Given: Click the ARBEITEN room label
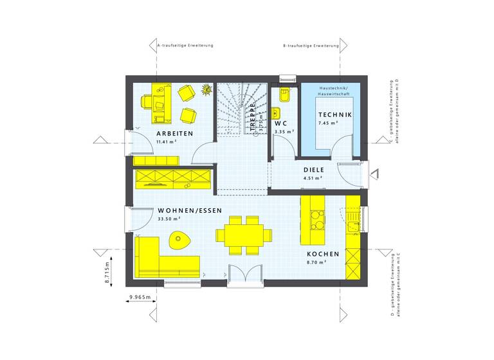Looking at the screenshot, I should click(175, 133).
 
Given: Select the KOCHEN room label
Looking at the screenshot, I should click(323, 254).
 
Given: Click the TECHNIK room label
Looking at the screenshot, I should click(334, 114).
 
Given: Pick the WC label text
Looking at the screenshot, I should click(280, 123).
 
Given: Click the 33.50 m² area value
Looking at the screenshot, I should click(169, 219).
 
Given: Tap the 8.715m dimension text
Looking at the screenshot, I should click(109, 272).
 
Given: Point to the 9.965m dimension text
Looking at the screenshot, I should click(140, 297).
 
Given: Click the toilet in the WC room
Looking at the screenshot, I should click(284, 97).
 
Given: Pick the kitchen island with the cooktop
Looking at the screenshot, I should click(315, 221).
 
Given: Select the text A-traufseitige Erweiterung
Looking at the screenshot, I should click(185, 46).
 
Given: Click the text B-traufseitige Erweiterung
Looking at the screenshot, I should click(311, 46).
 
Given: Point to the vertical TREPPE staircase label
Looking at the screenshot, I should click(253, 117).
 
